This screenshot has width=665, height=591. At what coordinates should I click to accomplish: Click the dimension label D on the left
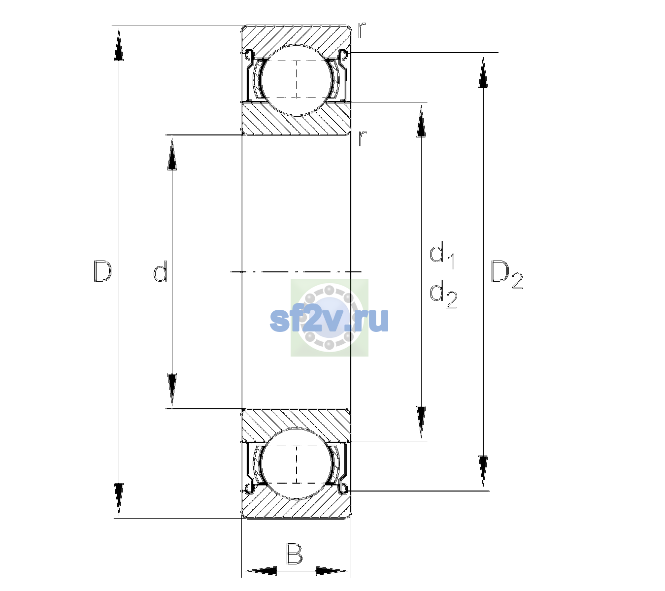click(102, 271)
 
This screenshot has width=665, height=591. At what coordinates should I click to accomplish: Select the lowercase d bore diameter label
click(161, 271)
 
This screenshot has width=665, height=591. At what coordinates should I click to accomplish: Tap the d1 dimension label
click(442, 255)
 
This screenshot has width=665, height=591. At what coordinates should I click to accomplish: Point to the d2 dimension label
click(443, 294)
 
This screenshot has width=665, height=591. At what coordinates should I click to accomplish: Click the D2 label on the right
click(506, 275)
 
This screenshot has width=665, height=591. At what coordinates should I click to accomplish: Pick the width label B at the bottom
click(294, 554)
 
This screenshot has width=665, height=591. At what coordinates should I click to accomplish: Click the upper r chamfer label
click(362, 30)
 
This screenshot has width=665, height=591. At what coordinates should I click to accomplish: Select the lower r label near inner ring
click(362, 138)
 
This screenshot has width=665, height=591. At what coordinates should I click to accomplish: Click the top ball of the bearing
click(297, 80)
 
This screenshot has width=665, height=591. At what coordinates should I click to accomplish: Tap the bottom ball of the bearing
click(297, 463)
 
